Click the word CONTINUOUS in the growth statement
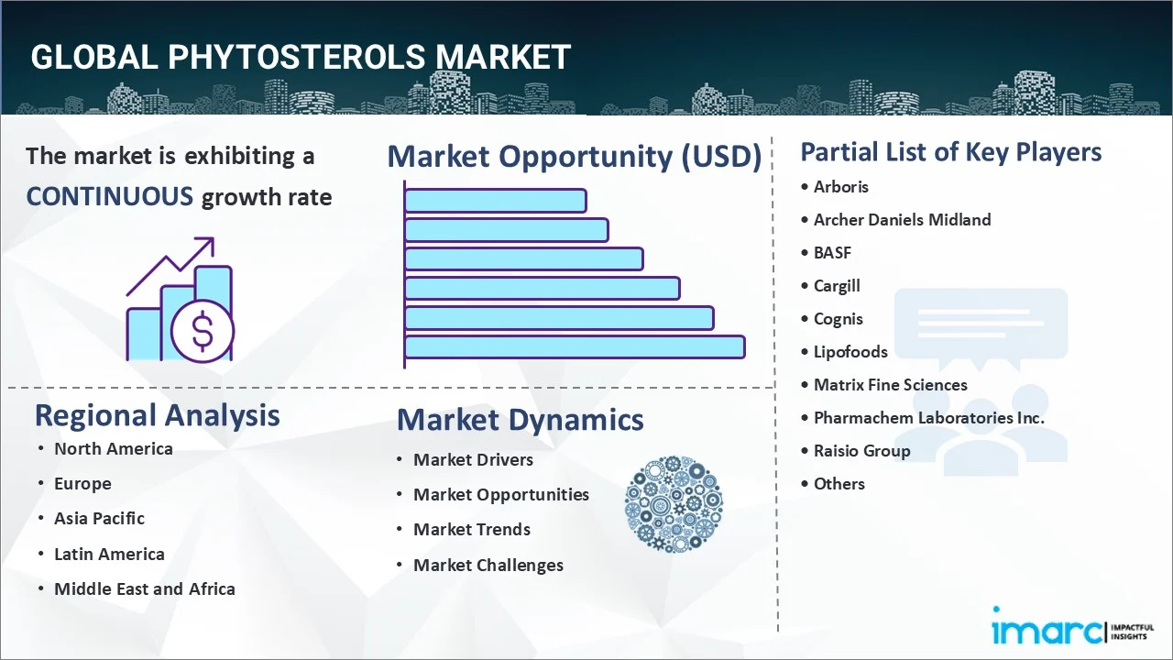109,197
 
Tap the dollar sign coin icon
203,331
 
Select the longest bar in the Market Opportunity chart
575,346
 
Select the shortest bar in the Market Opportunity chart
496,201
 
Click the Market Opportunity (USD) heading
575,156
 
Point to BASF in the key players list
832,252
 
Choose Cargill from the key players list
837,286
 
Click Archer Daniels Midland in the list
902,219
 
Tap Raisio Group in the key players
861,451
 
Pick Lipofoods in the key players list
850,352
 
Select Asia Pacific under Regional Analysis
99,519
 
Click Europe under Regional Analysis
82,484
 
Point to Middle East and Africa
145,588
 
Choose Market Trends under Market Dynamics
472,530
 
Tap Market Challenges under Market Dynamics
488,566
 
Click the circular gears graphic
674,504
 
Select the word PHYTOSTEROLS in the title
296,57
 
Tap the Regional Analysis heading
157,415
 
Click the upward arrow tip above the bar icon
213,239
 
